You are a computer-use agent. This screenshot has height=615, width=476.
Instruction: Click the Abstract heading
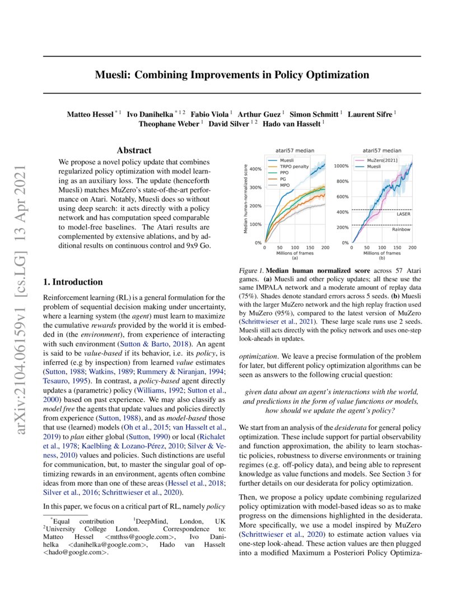[x=134, y=150]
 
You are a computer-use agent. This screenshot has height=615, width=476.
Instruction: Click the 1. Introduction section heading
[x=73, y=282]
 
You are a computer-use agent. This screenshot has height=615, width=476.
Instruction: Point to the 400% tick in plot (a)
[x=255, y=169]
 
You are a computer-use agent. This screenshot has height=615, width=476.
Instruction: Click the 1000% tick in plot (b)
[x=342, y=166]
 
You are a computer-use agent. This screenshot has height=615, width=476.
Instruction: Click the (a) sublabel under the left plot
[x=295, y=259]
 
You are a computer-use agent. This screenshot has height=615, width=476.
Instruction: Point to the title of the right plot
[x=382, y=150]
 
